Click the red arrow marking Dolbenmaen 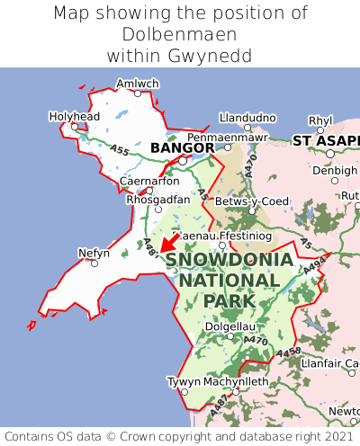(166, 241)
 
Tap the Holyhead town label (74, 116)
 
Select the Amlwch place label (138, 84)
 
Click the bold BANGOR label (183, 147)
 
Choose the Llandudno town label (247, 117)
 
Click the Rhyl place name (320, 120)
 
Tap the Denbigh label (336, 170)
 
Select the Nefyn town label (94, 253)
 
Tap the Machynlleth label (238, 381)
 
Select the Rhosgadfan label (158, 199)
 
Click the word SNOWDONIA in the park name (229, 260)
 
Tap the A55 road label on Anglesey (119, 150)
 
